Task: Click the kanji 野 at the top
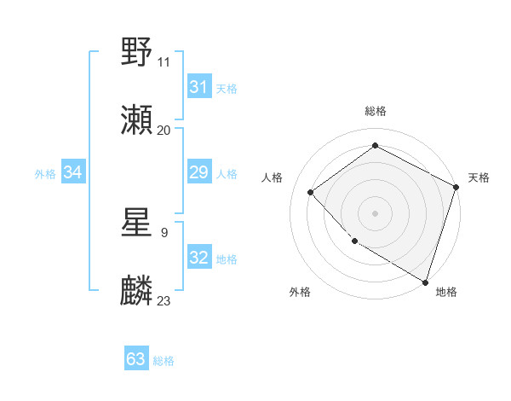point(137,52)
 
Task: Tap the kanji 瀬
point(137,120)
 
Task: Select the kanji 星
point(137,223)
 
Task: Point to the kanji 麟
point(137,291)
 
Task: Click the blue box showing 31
point(198,87)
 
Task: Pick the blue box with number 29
point(198,173)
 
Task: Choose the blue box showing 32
point(198,258)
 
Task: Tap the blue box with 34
point(73,173)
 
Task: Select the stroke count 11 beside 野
point(164,62)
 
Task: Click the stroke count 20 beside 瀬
point(164,131)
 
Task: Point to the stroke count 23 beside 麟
point(164,301)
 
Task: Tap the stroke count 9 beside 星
point(164,232)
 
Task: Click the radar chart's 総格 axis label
point(375,111)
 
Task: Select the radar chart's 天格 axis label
point(479,177)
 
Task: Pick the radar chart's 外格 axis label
point(300,292)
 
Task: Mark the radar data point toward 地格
point(426,282)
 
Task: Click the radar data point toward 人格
point(311,192)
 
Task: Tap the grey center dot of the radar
point(375,212)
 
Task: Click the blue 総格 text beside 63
point(164,361)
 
